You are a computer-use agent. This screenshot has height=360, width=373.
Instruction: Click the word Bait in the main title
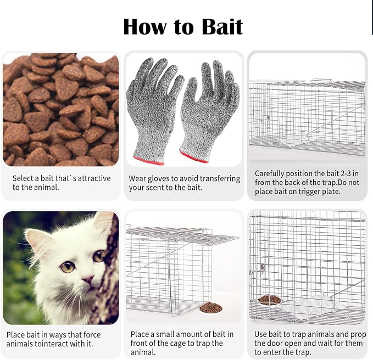pos(222,26)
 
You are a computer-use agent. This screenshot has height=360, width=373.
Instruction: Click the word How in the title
pos(145,26)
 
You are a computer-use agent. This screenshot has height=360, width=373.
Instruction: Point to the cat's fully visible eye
pos(68,266)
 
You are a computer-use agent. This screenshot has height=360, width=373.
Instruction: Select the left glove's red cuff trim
pos(148,160)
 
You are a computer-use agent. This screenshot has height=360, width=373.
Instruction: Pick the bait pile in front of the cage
pos(211,307)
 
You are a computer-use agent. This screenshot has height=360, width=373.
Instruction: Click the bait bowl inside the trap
pos(270,300)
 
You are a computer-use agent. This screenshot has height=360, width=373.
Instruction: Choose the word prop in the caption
pos(359,335)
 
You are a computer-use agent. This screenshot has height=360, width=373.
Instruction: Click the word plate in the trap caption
pos(331,192)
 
